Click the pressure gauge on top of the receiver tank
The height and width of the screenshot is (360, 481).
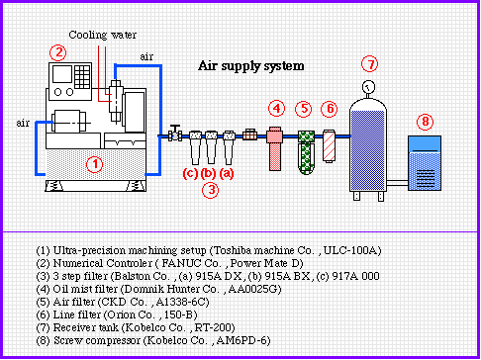coord(368,87)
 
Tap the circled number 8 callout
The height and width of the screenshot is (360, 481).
coord(425,122)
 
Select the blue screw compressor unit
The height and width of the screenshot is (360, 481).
coord(425,163)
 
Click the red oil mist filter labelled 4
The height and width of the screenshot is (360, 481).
coord(275,148)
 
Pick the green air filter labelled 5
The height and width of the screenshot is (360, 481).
coord(306,152)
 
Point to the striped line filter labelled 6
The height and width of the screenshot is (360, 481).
coord(329,145)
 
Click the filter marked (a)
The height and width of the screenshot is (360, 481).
coord(229,147)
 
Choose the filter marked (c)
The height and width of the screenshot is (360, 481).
coord(195,147)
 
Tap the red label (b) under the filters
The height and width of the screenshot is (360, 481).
coord(209,173)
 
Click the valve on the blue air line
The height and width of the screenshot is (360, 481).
coord(175,134)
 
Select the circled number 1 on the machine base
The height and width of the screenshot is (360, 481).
coord(95,164)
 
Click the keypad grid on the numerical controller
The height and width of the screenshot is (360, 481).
coord(82,77)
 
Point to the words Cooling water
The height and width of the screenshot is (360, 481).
coord(102,35)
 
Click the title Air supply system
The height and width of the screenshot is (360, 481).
coord(251,66)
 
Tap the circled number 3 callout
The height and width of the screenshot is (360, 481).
coord(211,190)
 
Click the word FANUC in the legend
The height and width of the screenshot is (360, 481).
coord(181,263)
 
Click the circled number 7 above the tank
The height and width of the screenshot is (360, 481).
coord(369,64)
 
